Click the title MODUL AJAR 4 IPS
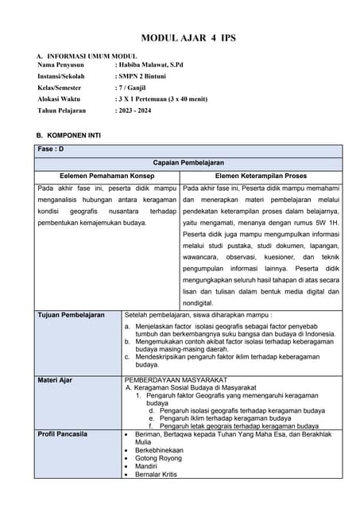coord(188,38)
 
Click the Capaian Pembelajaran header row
coord(188,162)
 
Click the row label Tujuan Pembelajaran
coord(71,315)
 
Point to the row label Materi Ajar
coord(55,380)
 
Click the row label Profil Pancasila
coord(63,433)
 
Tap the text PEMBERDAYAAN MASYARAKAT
coord(176,380)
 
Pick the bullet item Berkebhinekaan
coord(159,450)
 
